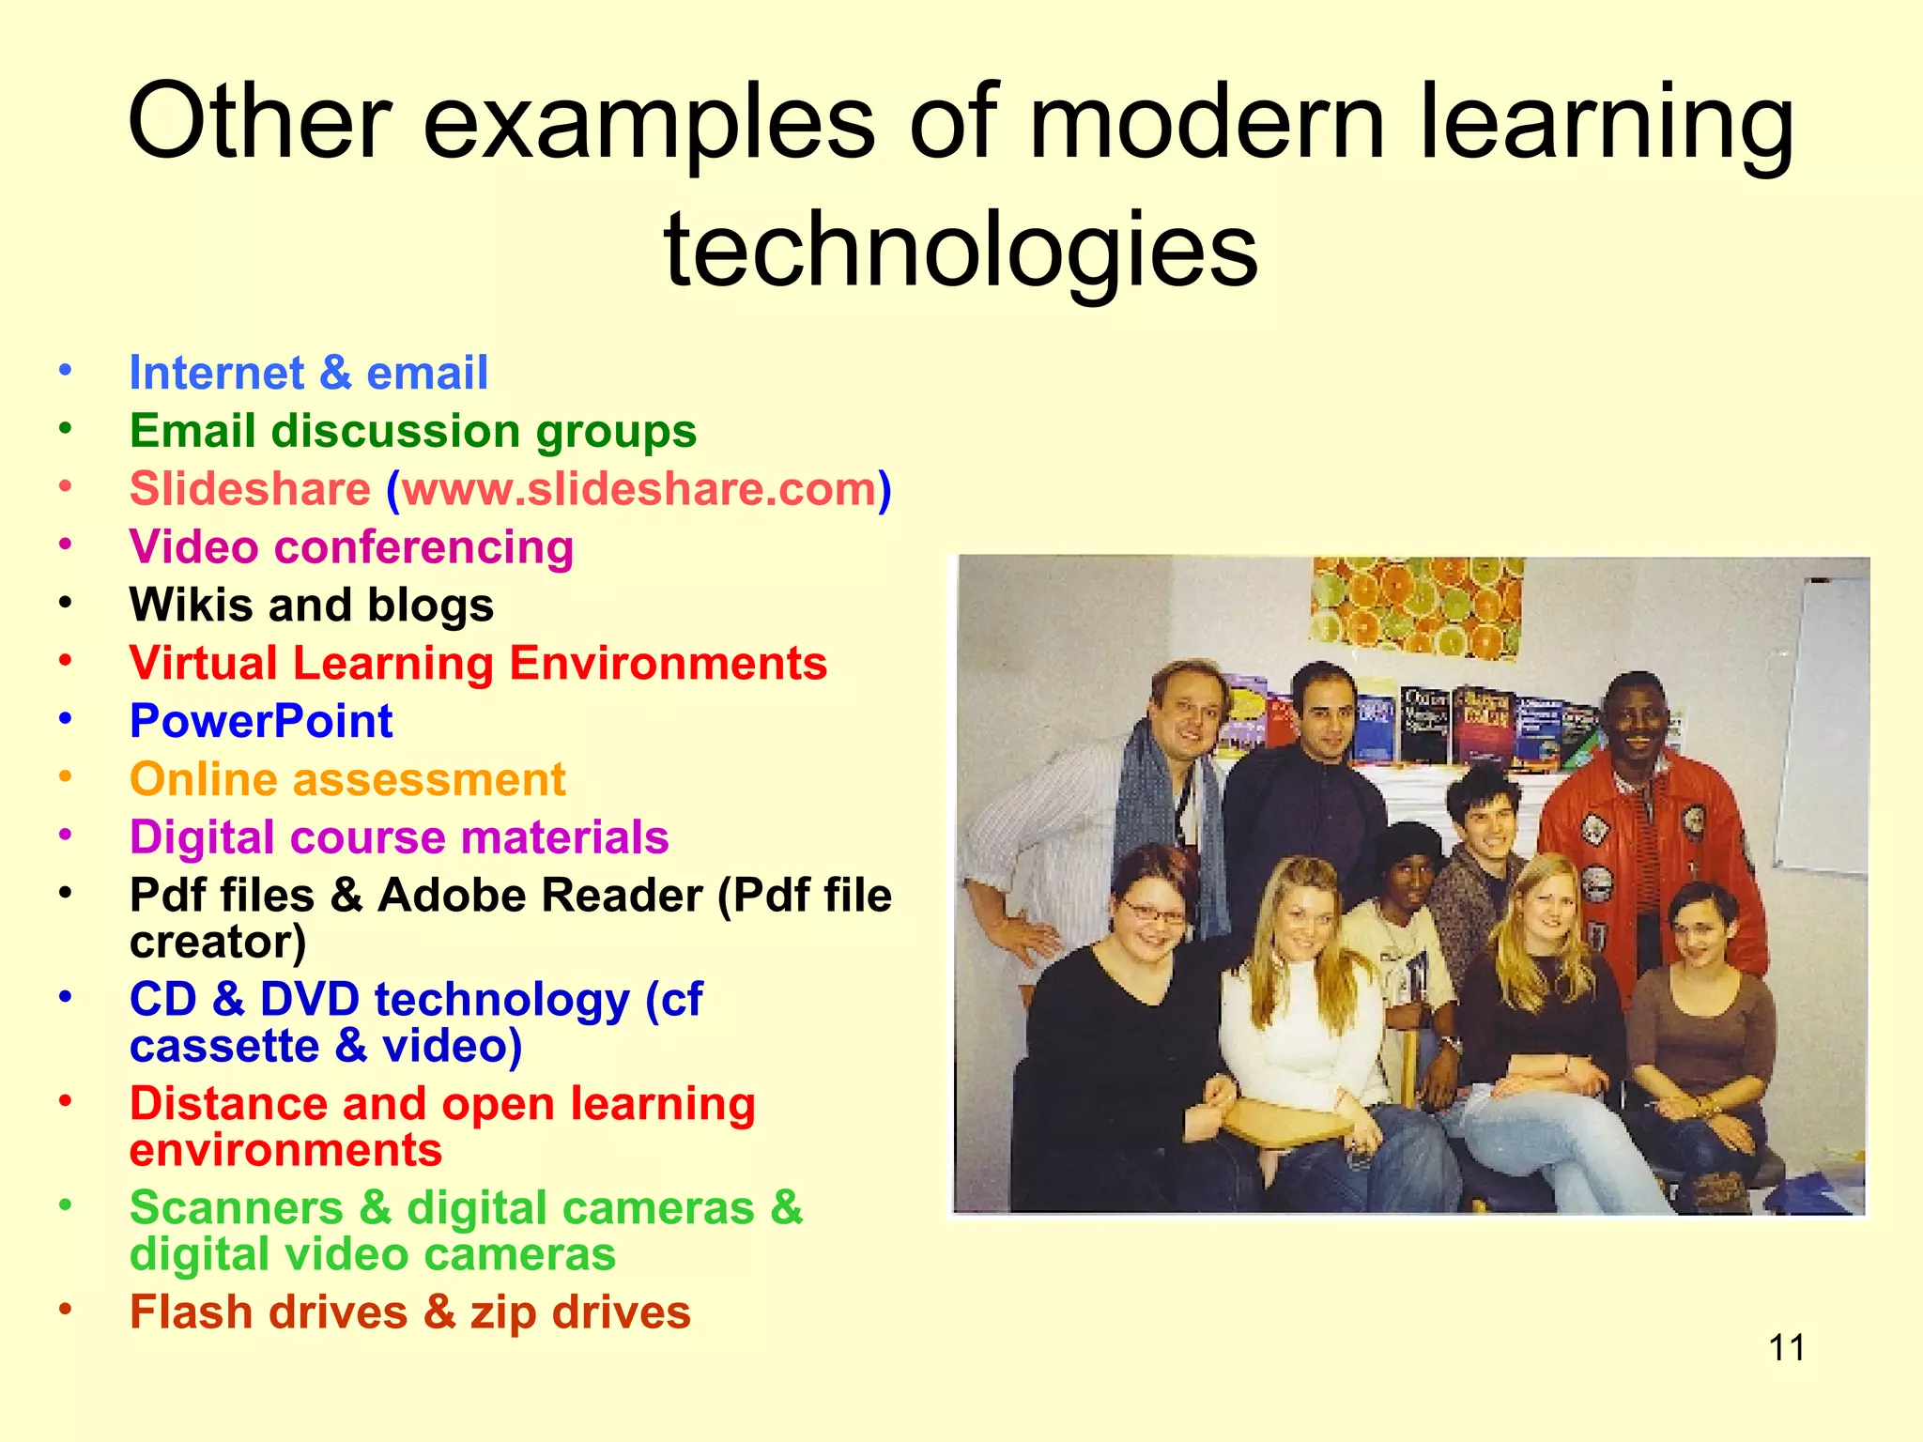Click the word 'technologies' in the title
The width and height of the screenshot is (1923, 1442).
[x=960, y=250]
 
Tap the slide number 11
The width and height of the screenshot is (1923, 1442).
[x=1786, y=1348]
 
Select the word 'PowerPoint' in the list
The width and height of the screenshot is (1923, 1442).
[x=261, y=722]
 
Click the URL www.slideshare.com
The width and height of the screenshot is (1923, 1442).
[x=639, y=489]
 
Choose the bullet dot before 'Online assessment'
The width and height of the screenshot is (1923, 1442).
[x=65, y=777]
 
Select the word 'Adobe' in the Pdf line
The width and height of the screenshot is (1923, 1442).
[x=445, y=896]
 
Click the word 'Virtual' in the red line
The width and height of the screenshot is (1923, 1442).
[x=204, y=664]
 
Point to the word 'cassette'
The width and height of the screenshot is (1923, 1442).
[x=224, y=1046]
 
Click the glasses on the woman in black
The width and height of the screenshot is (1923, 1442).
[x=1152, y=910]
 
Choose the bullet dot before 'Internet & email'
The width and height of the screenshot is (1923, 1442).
[x=65, y=370]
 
